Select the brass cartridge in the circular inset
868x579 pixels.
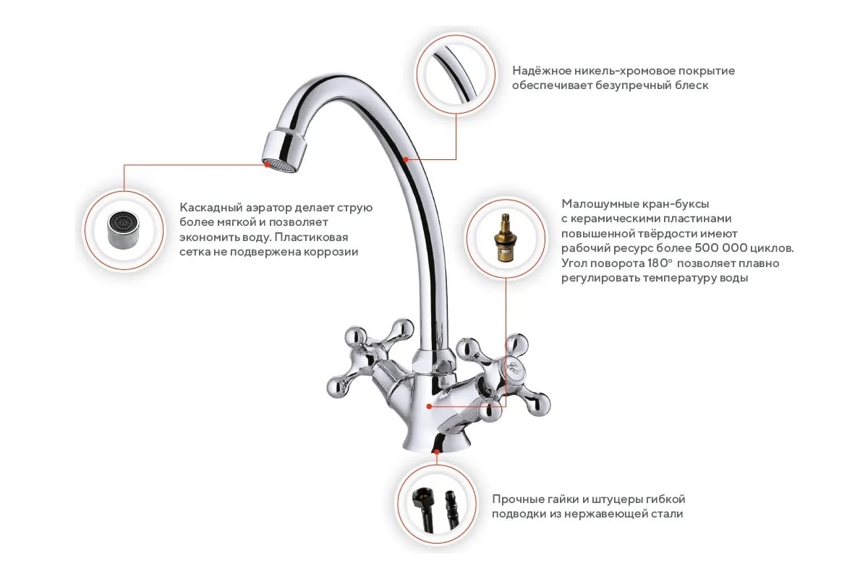point(505,237)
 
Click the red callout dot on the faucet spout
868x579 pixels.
point(405,159)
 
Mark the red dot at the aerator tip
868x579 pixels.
point(267,164)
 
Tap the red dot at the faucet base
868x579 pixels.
point(437,452)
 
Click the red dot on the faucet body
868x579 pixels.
point(429,406)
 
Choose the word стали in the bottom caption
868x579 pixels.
point(667,515)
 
